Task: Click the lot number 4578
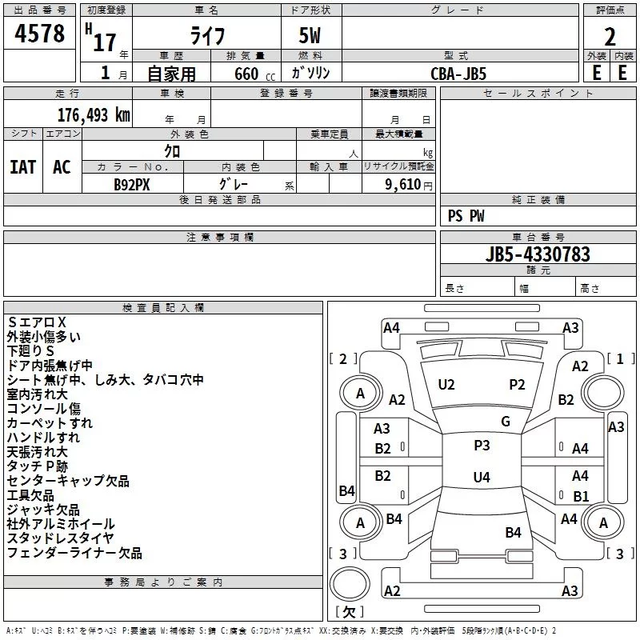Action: point(40,34)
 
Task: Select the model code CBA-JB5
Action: point(458,73)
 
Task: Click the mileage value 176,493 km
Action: point(94,115)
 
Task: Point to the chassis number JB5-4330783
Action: point(538,254)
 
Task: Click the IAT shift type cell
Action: point(22,167)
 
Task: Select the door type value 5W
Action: point(311,36)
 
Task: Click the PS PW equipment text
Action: point(466,216)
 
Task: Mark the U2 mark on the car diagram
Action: point(446,385)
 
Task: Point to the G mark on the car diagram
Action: point(506,422)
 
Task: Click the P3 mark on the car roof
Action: point(482,446)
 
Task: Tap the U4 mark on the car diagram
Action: point(481,478)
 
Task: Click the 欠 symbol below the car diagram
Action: point(348,612)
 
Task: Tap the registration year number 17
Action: point(104,42)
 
